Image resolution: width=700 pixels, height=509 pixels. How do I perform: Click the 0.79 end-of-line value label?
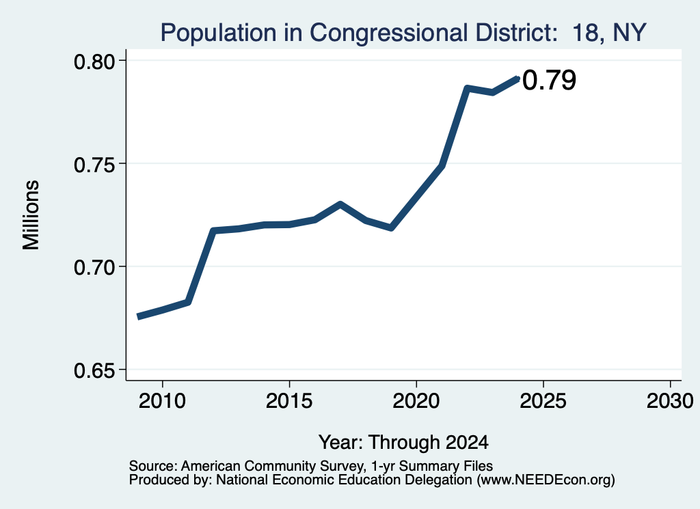click(x=549, y=81)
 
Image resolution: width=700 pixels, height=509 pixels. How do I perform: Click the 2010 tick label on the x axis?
click(x=162, y=401)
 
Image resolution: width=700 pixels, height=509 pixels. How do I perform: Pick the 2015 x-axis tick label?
click(x=289, y=401)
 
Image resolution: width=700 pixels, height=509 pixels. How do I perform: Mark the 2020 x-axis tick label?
click(x=416, y=401)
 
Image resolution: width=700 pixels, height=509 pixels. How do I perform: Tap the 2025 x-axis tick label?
click(x=543, y=401)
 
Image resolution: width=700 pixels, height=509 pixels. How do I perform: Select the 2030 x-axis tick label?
click(x=670, y=401)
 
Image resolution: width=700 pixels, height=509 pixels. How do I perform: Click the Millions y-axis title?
click(x=31, y=215)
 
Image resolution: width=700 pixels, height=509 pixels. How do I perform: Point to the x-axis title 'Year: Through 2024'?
click(x=403, y=443)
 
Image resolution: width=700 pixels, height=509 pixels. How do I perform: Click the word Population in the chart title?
click(x=219, y=33)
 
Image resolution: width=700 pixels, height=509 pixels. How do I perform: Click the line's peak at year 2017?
click(x=340, y=204)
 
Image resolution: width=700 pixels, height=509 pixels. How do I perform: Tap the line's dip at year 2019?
click(x=391, y=228)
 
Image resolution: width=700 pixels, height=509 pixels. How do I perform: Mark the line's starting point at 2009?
click(x=138, y=316)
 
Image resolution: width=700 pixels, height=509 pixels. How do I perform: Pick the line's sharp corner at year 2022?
click(x=466, y=88)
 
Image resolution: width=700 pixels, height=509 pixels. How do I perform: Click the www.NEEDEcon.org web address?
click(x=545, y=480)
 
